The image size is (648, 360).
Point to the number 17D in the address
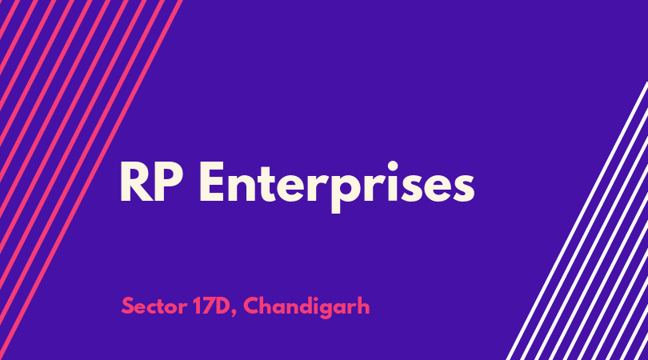pyautogui.click(x=210, y=306)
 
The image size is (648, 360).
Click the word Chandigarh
pyautogui.click(x=306, y=307)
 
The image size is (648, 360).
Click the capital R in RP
pyautogui.click(x=137, y=182)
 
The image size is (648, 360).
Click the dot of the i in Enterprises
pyautogui.click(x=392, y=166)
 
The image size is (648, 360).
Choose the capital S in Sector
pyautogui.click(x=128, y=306)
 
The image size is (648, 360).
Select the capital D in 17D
pyautogui.click(x=221, y=306)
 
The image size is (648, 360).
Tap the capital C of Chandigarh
pyautogui.click(x=252, y=306)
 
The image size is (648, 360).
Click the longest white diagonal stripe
pyautogui.click(x=578, y=221)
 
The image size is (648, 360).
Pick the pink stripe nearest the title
pyautogui.click(x=91, y=180)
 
